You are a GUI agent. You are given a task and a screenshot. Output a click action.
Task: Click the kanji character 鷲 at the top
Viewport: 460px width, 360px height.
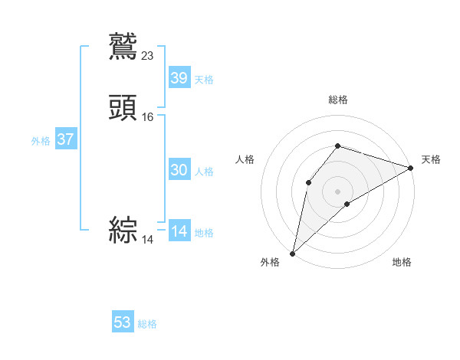pos(123,45)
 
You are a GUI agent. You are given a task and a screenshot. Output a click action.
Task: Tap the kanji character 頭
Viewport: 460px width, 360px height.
pos(123,107)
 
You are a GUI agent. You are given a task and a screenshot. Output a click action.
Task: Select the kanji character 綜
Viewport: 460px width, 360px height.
pos(123,230)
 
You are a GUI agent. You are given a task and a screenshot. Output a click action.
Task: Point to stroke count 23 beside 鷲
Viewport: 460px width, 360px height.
pos(148,55)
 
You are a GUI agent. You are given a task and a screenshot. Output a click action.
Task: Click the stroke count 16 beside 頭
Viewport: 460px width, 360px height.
pos(148,117)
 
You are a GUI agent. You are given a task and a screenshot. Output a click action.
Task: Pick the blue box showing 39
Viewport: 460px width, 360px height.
pos(179,78)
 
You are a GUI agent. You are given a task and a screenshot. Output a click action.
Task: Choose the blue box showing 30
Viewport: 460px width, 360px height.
pos(179,170)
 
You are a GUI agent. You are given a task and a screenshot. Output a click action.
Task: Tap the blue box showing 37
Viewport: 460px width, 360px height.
pos(65,140)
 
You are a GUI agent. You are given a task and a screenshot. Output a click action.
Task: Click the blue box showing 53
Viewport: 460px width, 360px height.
pos(123,322)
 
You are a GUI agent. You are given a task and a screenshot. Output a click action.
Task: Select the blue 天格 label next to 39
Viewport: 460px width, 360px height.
pos(204,80)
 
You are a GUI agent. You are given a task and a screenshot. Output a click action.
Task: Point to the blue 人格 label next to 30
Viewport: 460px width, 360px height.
pos(204,172)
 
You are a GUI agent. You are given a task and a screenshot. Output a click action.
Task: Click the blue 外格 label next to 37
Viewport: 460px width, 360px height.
pos(41,141)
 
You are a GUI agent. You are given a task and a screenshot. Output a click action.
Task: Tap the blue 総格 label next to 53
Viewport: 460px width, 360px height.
pos(148,324)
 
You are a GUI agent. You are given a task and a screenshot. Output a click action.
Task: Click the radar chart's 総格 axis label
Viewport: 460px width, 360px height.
pos(337,100)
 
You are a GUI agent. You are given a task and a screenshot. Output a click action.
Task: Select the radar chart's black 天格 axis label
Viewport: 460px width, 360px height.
pos(431,159)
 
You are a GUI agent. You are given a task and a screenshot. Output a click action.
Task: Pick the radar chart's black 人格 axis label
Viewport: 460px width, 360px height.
pos(245,159)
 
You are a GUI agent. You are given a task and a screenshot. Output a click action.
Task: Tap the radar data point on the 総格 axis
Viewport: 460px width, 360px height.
pos(337,146)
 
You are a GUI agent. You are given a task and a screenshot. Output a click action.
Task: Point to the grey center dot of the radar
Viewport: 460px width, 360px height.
pos(337,191)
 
